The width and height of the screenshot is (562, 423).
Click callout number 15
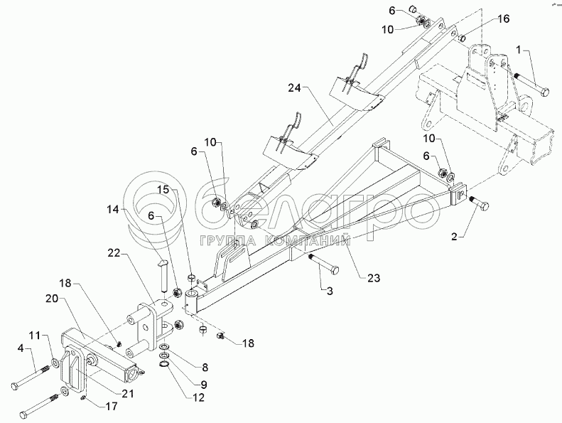click(163, 191)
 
